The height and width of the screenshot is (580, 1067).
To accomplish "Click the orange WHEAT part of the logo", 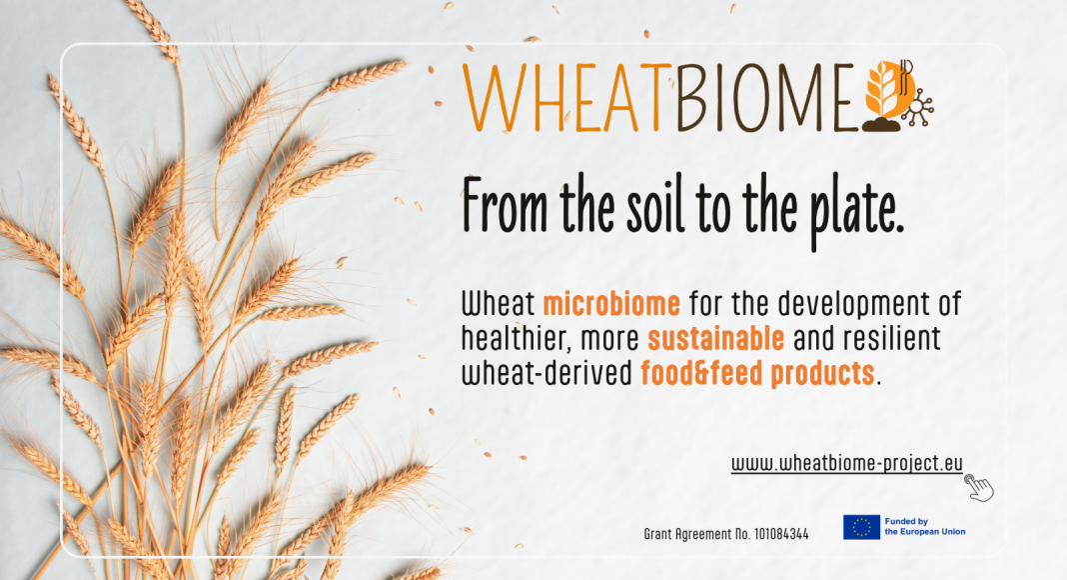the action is click(562, 98).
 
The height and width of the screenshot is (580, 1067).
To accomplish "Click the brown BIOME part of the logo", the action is click(765, 98).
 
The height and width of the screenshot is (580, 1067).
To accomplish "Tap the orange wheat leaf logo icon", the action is click(888, 91).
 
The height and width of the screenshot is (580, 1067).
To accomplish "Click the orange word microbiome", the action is click(611, 304).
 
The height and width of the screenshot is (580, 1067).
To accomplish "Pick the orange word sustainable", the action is click(716, 338).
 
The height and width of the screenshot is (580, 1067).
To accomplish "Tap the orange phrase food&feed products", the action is click(757, 373).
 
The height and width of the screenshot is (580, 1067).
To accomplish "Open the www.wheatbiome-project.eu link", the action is click(846, 464).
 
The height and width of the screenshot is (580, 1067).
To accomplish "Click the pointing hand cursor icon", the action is click(979, 488).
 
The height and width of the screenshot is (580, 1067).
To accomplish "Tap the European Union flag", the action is click(861, 527).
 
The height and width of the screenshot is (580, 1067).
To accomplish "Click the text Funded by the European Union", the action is click(925, 526).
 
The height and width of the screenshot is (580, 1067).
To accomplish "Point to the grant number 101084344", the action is click(781, 534).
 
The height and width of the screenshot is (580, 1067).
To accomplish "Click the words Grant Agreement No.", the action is click(696, 535).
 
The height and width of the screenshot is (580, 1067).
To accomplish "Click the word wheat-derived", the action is click(547, 373).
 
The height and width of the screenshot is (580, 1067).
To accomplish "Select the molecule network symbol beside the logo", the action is click(918, 108).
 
